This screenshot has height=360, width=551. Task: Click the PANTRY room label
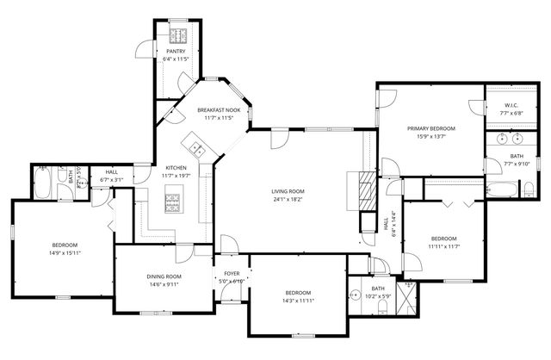click(x=176, y=52)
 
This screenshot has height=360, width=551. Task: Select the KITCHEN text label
click(x=176, y=167)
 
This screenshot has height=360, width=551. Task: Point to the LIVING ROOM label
click(x=288, y=191)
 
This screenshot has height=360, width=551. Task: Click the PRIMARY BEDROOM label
click(x=431, y=127)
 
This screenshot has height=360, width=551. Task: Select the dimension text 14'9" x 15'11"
click(x=64, y=253)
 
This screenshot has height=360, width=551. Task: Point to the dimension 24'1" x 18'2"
click(x=288, y=199)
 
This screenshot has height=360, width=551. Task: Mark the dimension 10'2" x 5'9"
click(x=378, y=296)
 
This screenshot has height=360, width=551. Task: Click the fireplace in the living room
click(x=365, y=188)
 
